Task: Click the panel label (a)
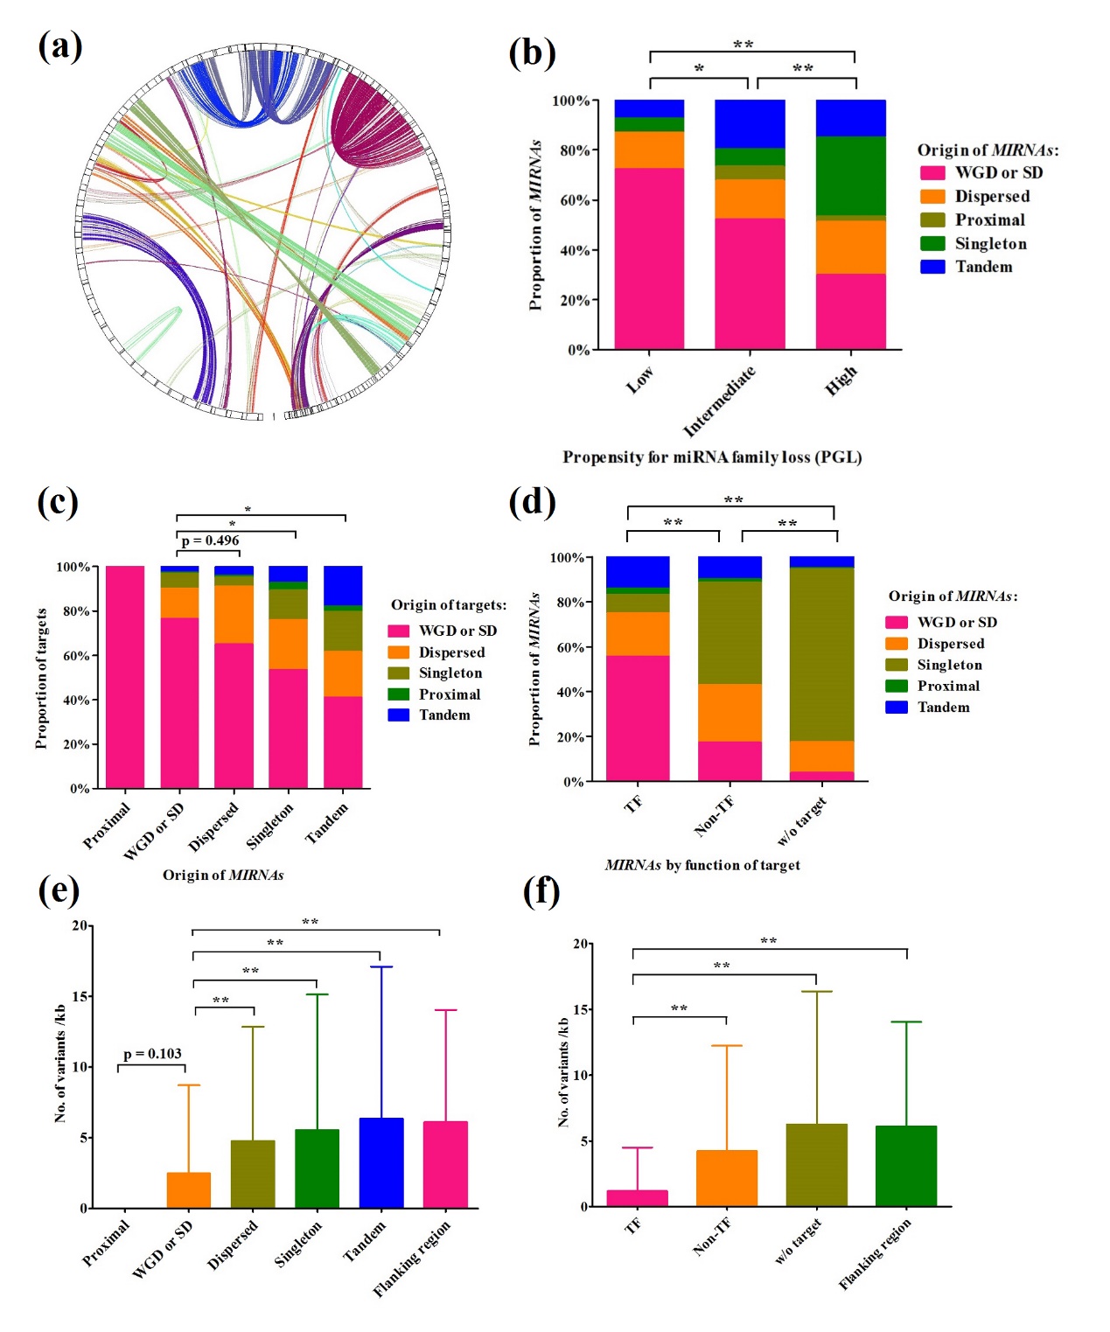pyautogui.click(x=60, y=45)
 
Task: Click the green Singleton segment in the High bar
pyautogui.click(x=850, y=175)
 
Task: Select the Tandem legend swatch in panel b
pyautogui.click(x=932, y=267)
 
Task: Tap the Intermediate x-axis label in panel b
pyautogui.click(x=719, y=401)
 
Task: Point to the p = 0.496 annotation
pyautogui.click(x=210, y=540)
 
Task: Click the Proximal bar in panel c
pyautogui.click(x=125, y=677)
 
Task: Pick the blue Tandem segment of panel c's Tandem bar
pyautogui.click(x=343, y=585)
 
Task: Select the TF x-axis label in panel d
pyautogui.click(x=633, y=804)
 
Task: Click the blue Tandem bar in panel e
pyautogui.click(x=381, y=1162)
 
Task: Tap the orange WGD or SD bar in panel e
pyautogui.click(x=189, y=1189)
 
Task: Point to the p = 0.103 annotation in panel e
pyautogui.click(x=152, y=1054)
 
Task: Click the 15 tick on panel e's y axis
pyautogui.click(x=79, y=996)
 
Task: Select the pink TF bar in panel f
pyautogui.click(x=637, y=1198)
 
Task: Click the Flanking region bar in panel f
pyautogui.click(x=906, y=1166)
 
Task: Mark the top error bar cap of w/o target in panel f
pyautogui.click(x=816, y=992)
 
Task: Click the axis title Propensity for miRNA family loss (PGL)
pyautogui.click(x=712, y=457)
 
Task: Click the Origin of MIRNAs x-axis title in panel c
pyautogui.click(x=223, y=875)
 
